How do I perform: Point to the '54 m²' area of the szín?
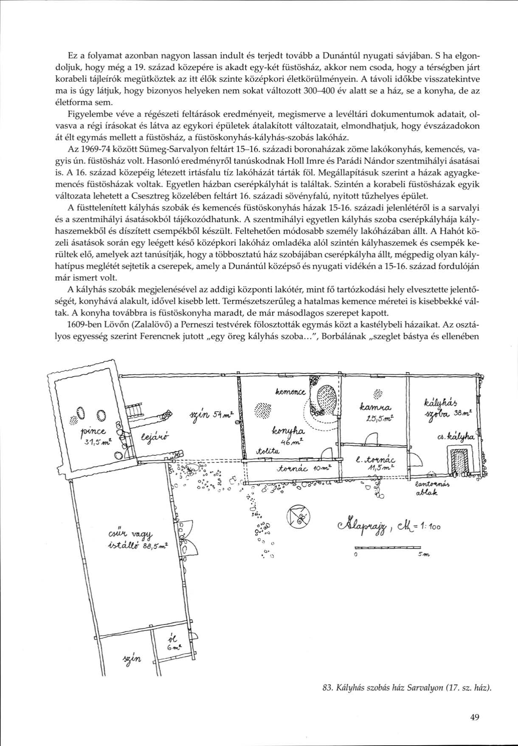click(x=221, y=415)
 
